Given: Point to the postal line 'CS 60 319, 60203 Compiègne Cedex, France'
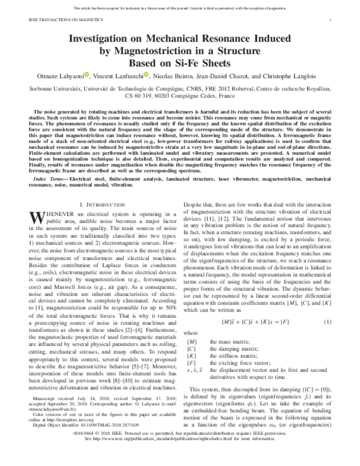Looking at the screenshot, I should tap(180, 95).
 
